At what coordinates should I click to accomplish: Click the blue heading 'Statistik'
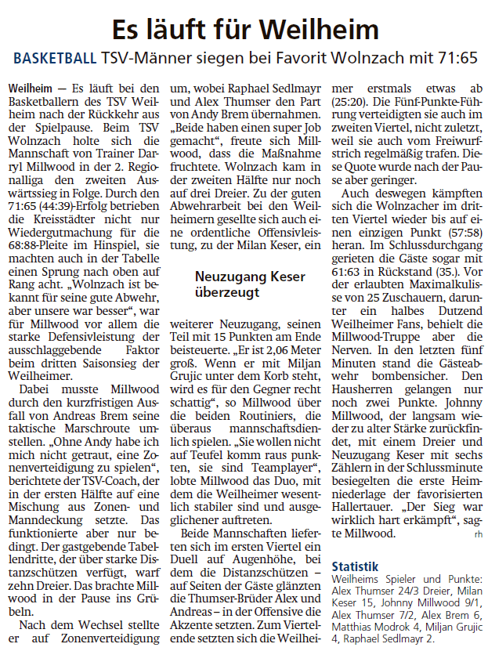(356, 566)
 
